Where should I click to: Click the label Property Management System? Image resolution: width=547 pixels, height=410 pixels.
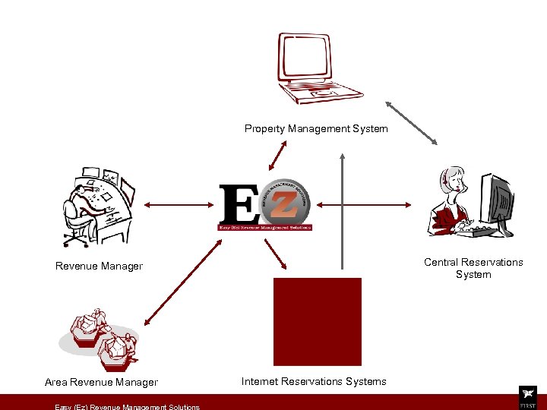(316, 129)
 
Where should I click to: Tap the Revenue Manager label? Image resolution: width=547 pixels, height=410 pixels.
(99, 266)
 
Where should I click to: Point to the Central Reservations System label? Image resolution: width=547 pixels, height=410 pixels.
(473, 268)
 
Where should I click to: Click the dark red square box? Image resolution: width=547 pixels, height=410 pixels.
(317, 322)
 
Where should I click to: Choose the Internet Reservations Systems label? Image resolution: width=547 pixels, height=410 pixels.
(314, 382)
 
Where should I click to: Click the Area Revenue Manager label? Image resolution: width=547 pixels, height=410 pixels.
(101, 383)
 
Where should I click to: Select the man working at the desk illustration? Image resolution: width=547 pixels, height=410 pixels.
(96, 206)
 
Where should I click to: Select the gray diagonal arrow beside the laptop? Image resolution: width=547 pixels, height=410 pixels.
(411, 121)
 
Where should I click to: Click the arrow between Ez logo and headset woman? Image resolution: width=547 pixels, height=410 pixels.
(365, 204)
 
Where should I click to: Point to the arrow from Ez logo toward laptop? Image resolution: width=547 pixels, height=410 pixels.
(277, 155)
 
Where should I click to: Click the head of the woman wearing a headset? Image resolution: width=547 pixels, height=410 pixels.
(454, 180)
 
